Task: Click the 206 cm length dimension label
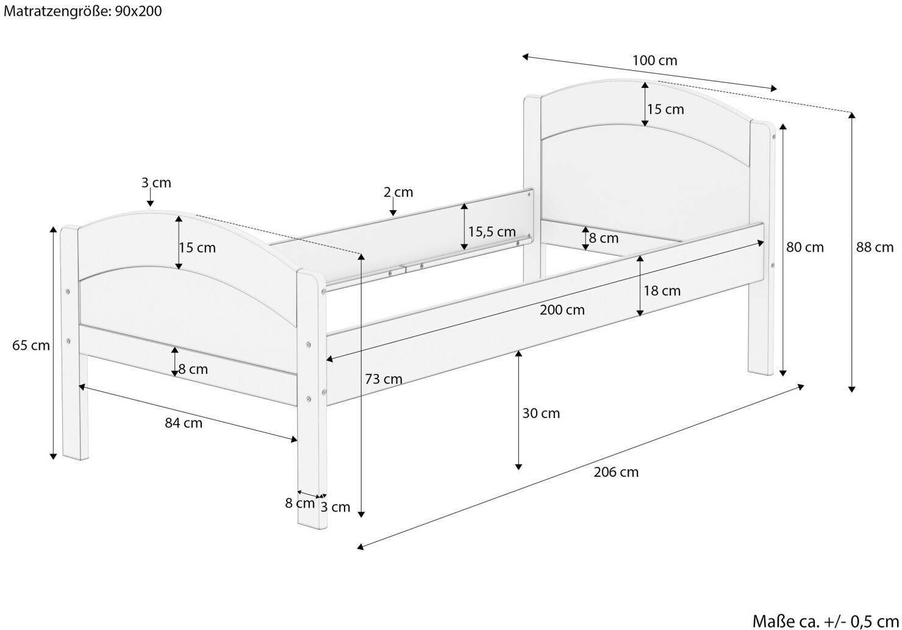click(x=616, y=472)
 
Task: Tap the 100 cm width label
click(x=655, y=60)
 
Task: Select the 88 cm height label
click(x=875, y=247)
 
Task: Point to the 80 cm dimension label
click(x=805, y=247)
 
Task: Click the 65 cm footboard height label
click(x=31, y=346)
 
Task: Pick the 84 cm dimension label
click(x=184, y=423)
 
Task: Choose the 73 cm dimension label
click(x=384, y=379)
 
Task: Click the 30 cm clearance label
click(x=541, y=413)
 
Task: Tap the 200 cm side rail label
click(x=562, y=310)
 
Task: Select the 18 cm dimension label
click(x=662, y=291)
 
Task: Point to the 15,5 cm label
click(x=492, y=232)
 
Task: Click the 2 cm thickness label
click(x=398, y=192)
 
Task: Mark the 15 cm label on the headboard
click(x=665, y=109)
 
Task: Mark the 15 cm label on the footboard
click(x=198, y=247)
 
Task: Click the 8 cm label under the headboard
click(x=604, y=238)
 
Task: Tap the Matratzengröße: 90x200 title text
click(x=82, y=11)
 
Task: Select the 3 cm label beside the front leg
click(x=335, y=507)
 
